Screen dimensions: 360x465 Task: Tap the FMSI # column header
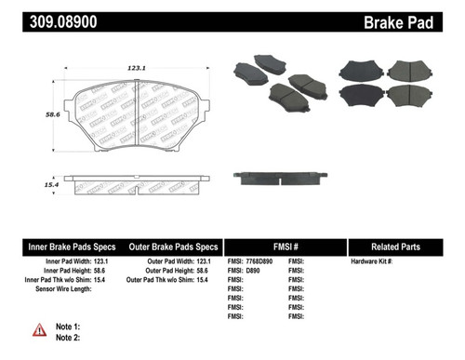click(x=286, y=247)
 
